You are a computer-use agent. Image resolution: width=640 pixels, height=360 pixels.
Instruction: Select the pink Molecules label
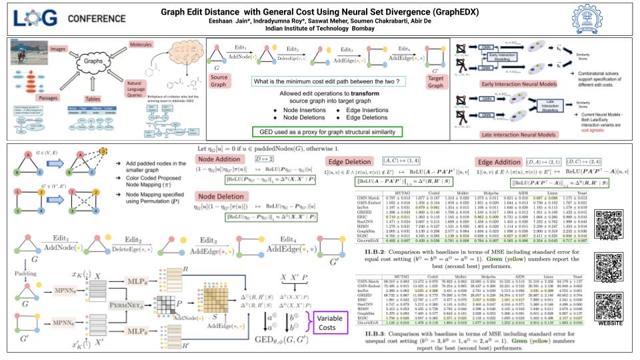[x=164, y=43]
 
